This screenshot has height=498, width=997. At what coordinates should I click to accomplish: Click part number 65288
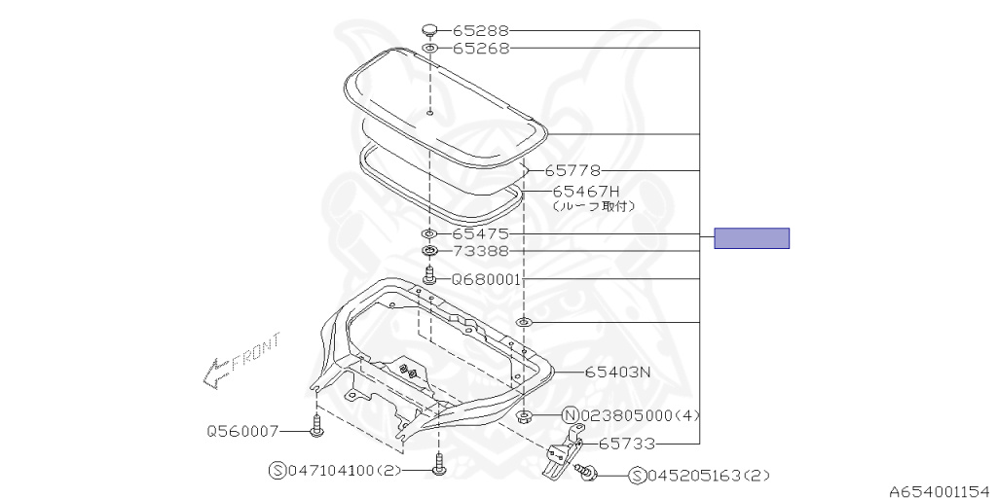click(x=481, y=30)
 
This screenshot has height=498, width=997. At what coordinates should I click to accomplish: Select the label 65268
click(x=481, y=49)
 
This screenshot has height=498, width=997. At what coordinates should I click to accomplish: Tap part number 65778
click(x=572, y=171)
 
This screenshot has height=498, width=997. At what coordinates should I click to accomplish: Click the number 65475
click(x=481, y=234)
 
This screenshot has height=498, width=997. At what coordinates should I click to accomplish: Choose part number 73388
click(x=481, y=252)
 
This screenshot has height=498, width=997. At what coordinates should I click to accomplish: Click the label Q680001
click(x=487, y=279)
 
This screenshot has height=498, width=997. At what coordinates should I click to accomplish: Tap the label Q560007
click(x=242, y=431)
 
